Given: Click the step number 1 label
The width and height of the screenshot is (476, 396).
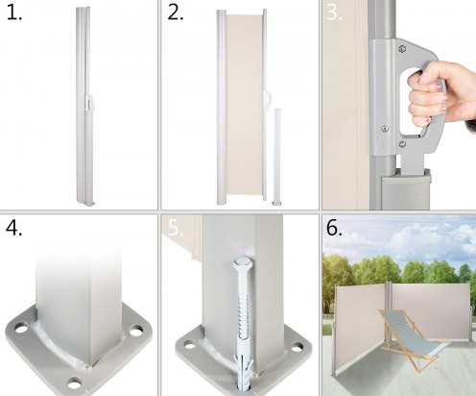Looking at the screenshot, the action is [14, 13].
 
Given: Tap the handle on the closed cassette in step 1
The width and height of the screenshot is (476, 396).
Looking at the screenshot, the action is [88, 103].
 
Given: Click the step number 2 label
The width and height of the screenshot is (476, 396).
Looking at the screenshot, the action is [175, 13].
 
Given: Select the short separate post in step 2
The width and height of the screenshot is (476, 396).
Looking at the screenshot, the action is [277, 157].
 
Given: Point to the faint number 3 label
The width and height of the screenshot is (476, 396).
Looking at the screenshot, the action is [334, 13].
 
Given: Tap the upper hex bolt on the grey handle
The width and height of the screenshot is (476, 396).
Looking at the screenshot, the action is [402, 49].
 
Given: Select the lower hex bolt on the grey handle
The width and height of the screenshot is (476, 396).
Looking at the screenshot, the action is [403, 143].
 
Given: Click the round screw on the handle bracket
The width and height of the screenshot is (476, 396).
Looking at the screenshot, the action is [385, 129].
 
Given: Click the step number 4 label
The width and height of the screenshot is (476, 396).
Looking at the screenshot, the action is [14, 228].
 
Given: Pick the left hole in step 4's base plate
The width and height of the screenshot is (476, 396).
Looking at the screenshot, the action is [21, 329].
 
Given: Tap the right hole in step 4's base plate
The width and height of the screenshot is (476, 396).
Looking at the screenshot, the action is [136, 331].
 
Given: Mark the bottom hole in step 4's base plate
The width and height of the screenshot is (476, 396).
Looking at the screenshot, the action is [75, 383].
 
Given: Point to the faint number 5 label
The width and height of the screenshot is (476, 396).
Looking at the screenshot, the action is [176, 228].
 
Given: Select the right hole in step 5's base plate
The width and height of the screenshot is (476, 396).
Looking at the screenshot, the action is [297, 346].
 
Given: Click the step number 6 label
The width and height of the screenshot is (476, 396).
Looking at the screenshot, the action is [334, 228].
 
